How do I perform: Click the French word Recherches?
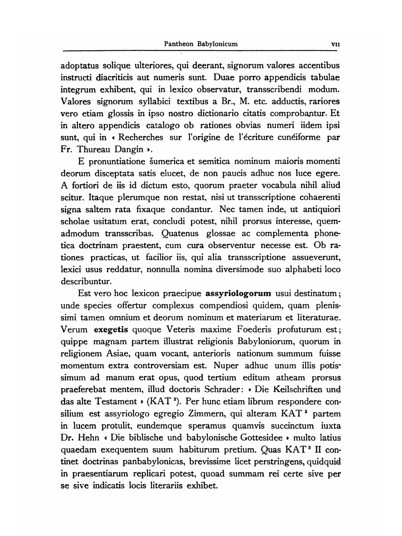tap(141, 138)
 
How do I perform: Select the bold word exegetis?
tap(111, 330)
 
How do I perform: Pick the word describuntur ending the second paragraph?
tap(85, 281)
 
